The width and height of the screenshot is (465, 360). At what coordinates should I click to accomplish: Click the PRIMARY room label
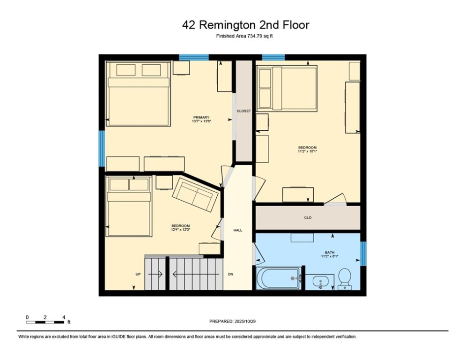pos(201,117)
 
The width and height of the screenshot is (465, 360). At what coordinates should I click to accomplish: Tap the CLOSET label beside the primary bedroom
pos(244,111)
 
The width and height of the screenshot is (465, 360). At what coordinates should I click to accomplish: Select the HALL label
pos(238,230)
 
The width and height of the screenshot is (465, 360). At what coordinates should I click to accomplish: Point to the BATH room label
pos(330,253)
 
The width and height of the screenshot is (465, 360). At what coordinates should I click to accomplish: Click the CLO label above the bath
pos(308,217)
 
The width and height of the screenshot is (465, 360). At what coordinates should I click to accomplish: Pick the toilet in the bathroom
pos(345,278)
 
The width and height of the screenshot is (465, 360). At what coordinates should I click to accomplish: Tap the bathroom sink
pos(320,283)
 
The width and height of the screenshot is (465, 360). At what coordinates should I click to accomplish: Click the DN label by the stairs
pos(230,274)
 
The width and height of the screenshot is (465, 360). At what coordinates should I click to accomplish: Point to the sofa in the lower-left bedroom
pos(195,196)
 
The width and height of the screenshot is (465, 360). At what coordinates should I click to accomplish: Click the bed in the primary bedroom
pos(138,94)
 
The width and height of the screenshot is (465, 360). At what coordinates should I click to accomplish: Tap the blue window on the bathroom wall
pos(363,253)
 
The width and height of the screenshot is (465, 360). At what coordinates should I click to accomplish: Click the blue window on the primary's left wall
pos(101,148)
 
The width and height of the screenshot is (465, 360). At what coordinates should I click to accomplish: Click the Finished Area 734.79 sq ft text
pos(244,36)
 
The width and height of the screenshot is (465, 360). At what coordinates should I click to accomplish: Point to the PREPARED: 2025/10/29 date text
pos(232,321)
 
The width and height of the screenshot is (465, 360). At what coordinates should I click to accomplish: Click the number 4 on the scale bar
pos(63,317)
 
